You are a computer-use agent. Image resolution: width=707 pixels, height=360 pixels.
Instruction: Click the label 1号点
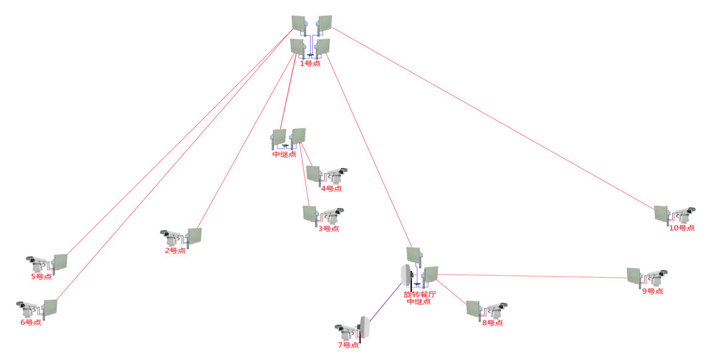click(x=310, y=63)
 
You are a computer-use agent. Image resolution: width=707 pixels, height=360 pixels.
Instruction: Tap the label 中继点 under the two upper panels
click(x=284, y=154)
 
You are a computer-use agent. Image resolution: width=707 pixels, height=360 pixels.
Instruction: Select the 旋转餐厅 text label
click(x=420, y=294)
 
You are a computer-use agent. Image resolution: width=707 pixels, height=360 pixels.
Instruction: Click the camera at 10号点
click(x=684, y=214)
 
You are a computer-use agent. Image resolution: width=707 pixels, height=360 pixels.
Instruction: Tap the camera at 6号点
click(x=28, y=307)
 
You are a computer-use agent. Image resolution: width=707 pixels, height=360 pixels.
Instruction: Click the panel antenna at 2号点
click(x=194, y=236)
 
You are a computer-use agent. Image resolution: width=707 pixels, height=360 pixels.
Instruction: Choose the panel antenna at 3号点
click(x=310, y=214)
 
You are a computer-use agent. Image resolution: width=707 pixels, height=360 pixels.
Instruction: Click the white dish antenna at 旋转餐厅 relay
click(x=406, y=276)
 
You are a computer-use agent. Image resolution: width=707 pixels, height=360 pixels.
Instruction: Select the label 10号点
click(x=681, y=228)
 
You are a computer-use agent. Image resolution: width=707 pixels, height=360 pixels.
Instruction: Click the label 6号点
click(x=30, y=322)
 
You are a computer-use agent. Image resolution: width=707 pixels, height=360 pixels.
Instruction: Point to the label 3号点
click(x=328, y=229)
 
